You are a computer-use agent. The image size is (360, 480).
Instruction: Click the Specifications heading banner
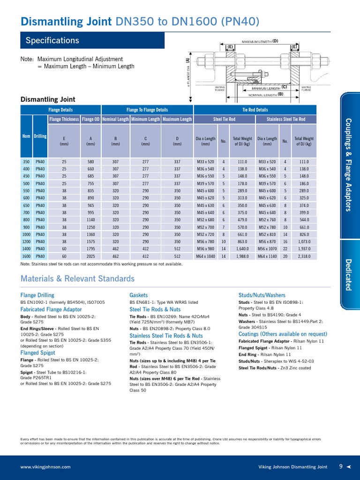(x=92, y=40)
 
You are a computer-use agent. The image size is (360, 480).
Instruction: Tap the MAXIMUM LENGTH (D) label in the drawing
(x=260, y=41)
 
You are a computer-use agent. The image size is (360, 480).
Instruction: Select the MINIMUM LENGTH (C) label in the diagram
(x=269, y=88)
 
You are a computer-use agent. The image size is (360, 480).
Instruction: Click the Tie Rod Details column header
(x=255, y=110)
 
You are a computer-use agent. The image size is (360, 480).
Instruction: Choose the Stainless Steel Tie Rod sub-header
(x=285, y=120)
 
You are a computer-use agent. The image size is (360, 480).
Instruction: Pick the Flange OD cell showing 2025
(x=90, y=256)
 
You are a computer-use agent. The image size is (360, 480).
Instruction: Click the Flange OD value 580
(x=90, y=162)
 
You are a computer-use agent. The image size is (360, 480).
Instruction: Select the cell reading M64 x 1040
(x=205, y=256)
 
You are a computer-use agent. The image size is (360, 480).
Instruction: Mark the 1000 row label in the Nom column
(x=26, y=234)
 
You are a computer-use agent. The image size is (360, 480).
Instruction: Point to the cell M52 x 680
(x=205, y=220)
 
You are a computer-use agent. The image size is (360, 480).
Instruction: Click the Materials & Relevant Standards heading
(x=77, y=279)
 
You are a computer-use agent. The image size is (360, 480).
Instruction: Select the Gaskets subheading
(x=138, y=295)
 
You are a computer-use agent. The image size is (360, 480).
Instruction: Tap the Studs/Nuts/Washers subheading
(x=262, y=295)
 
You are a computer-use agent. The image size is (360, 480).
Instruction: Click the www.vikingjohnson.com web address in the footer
(x=45, y=467)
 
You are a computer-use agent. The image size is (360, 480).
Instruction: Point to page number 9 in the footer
(x=341, y=466)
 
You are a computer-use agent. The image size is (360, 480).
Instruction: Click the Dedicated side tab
(x=348, y=274)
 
